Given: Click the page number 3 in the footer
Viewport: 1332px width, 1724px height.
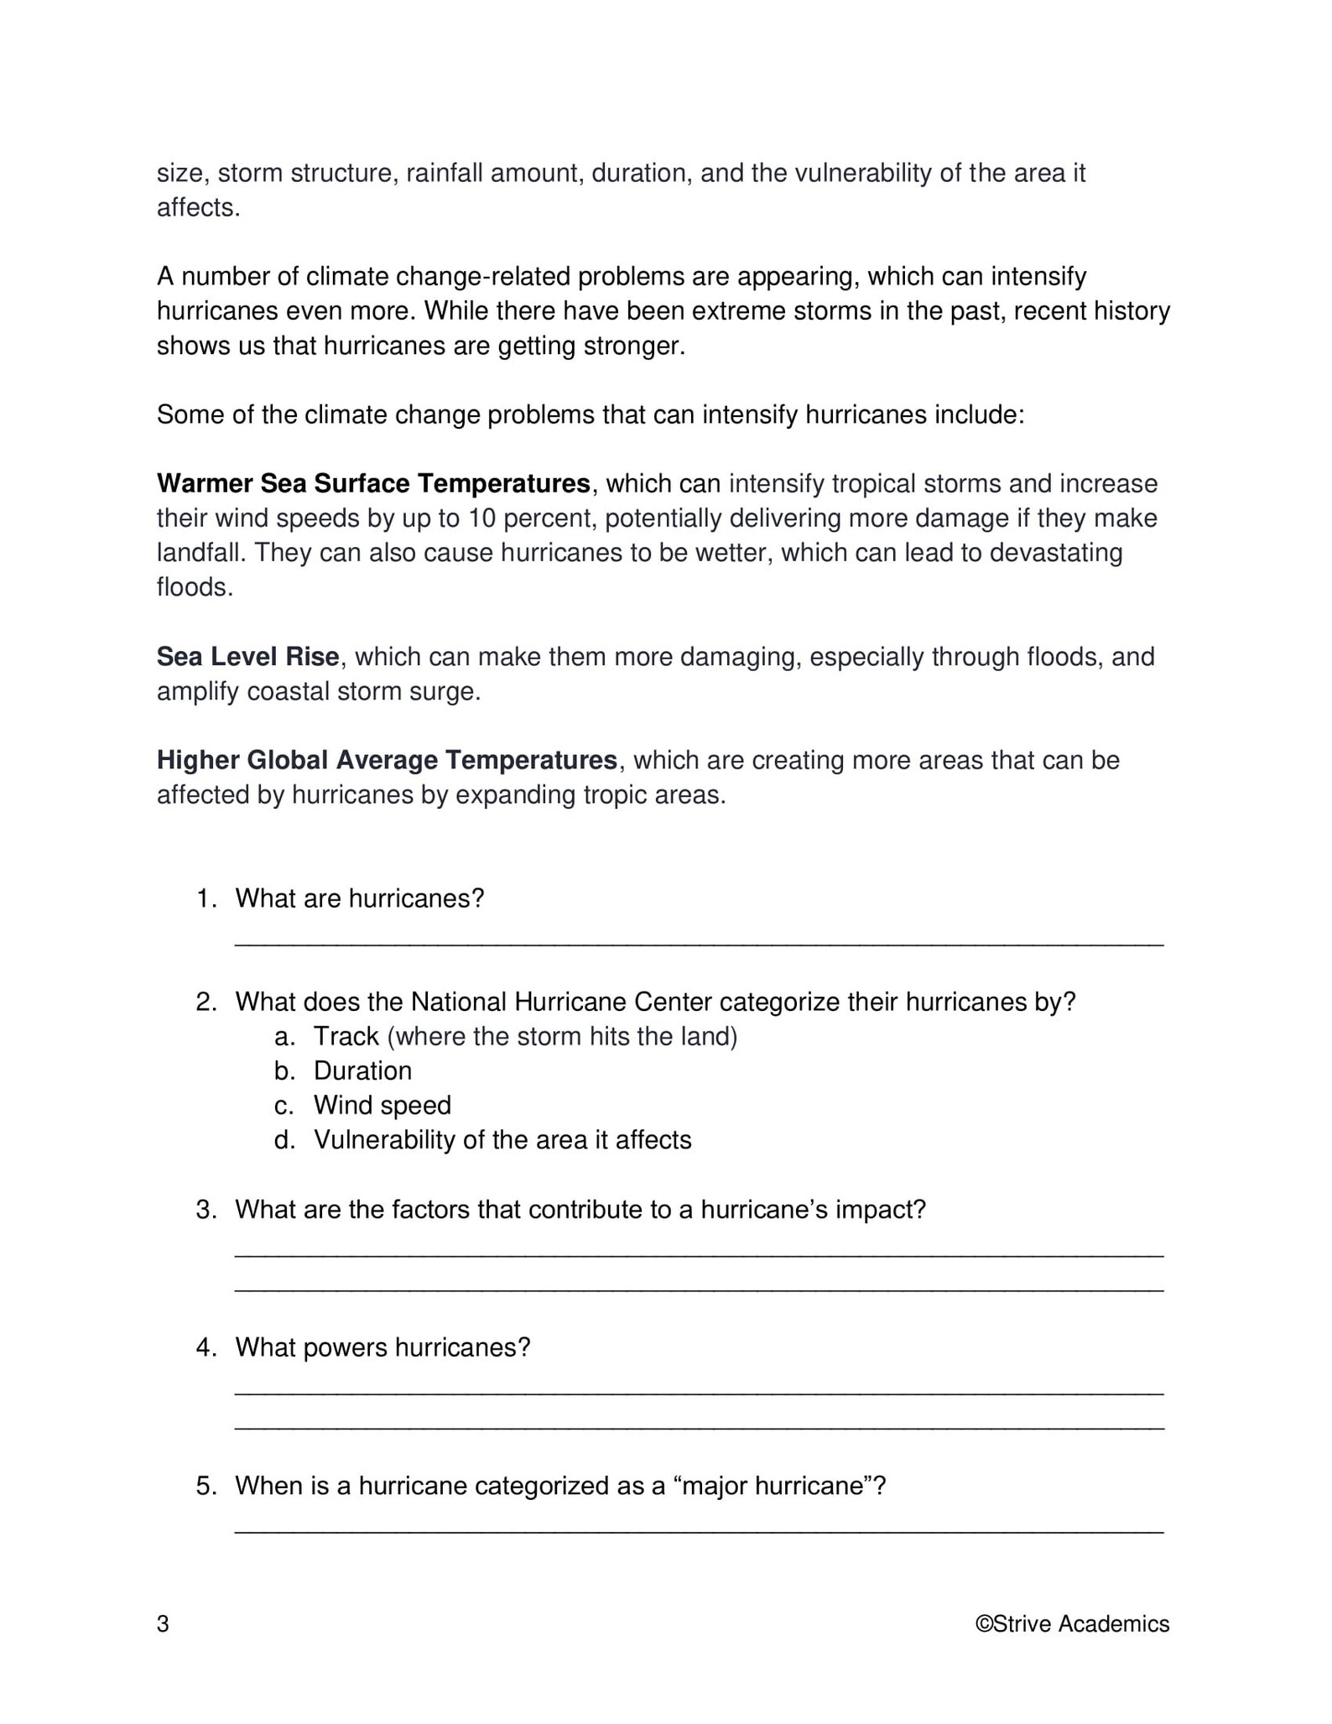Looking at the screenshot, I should pos(163,1624).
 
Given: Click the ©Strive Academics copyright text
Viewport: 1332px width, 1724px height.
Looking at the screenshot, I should pos(1071,1624).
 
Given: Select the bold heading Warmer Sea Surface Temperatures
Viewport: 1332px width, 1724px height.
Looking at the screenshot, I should pos(373,483).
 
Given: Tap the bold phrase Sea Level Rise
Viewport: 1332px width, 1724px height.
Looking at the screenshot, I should pos(247,656).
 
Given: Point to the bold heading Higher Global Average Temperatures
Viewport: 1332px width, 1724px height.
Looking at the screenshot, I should pos(387,760).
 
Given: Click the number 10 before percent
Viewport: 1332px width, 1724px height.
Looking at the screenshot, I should pos(482,518).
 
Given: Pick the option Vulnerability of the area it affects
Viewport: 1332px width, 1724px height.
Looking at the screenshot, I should pos(502,1139).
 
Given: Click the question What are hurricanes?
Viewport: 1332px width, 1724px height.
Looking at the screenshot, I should pos(360,898).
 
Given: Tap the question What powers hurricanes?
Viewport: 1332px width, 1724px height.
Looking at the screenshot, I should pos(382,1347).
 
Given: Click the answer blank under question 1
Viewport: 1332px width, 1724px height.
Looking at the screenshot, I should pos(699,941).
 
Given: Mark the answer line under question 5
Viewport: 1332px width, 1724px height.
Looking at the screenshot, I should pos(699,1529).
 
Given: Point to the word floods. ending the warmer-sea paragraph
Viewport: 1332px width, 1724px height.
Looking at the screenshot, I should pos(194,587).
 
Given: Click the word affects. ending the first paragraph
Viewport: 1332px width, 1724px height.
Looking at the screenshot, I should pos(198,208).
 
